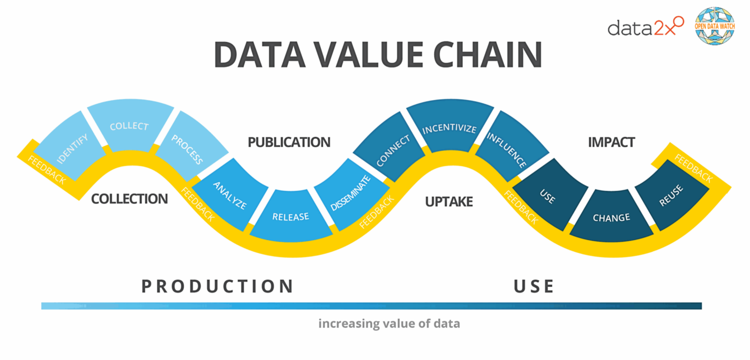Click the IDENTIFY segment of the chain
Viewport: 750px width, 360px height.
(69, 146)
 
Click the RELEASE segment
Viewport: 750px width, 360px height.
(290, 216)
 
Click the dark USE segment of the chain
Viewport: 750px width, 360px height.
(549, 195)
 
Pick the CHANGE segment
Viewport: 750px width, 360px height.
(611, 216)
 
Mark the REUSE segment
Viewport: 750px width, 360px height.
(671, 195)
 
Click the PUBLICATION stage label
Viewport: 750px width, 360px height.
(289, 142)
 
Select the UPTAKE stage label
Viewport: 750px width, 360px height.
(449, 201)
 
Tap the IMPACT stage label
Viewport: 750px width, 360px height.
(611, 142)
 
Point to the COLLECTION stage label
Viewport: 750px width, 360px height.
(130, 199)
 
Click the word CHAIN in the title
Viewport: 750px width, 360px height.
(487, 55)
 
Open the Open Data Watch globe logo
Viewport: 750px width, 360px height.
(715, 26)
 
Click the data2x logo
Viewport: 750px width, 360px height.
(646, 27)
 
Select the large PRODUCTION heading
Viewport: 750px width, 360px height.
(217, 286)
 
